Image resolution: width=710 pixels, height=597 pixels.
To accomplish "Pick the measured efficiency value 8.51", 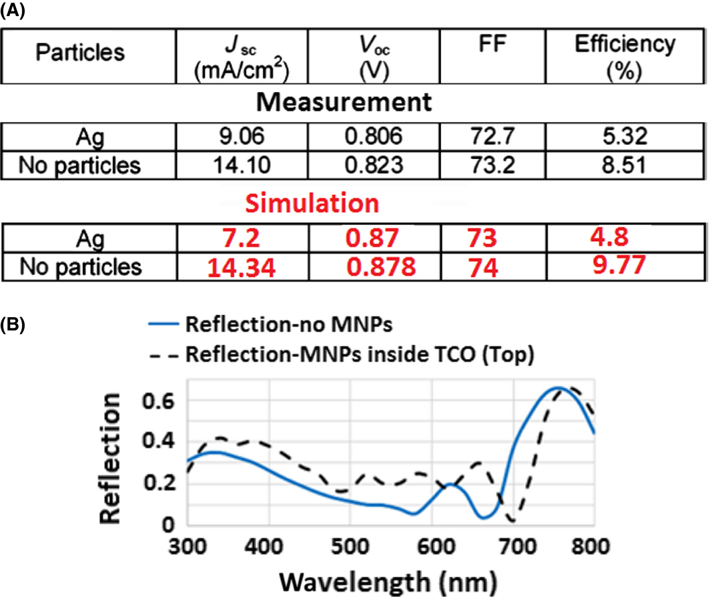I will [625, 165].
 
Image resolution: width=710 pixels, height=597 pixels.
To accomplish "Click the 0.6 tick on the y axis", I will [160, 400].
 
